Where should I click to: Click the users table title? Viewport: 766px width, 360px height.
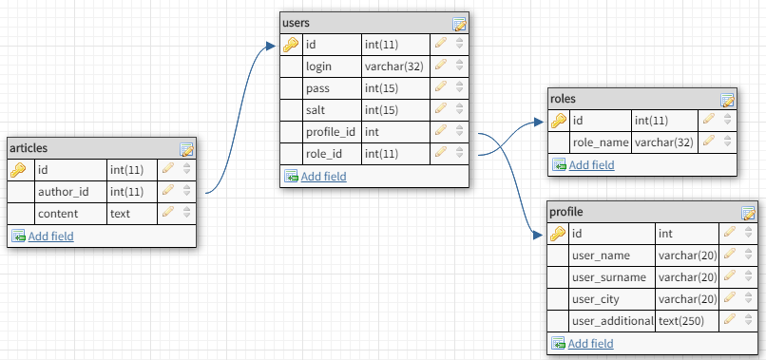point(296,23)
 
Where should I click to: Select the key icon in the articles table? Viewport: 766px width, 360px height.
point(18,170)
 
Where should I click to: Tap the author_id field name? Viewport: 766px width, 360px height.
point(64,192)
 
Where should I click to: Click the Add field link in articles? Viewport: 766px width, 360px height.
point(50,237)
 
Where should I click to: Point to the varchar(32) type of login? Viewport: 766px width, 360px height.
point(393,66)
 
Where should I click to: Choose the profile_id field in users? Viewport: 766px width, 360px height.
point(331,132)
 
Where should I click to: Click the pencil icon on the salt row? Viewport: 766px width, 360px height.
point(441,108)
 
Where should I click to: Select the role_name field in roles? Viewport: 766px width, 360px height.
point(601,142)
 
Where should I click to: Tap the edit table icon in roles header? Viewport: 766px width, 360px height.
point(727,100)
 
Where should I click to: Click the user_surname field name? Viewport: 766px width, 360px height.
point(609,277)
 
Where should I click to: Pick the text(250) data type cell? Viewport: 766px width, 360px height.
point(681,321)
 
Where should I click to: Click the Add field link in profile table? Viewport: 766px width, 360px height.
point(590,344)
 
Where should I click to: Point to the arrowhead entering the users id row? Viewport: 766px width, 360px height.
point(271,46)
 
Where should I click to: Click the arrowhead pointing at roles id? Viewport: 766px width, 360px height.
point(539,122)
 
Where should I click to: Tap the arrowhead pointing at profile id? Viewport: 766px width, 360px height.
point(538,236)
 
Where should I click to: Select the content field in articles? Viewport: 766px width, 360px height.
point(58,214)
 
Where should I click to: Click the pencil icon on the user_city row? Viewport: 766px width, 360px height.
point(729,297)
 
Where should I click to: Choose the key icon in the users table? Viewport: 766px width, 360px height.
point(290,46)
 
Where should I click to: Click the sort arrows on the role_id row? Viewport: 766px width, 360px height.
point(459,153)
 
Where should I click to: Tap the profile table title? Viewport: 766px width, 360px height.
point(566,212)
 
